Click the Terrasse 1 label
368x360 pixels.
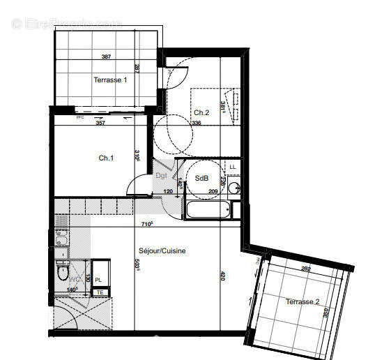coord(111,80)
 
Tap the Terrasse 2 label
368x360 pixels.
coord(302,301)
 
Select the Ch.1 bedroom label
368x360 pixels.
coord(106,158)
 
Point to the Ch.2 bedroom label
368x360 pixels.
coord(201,112)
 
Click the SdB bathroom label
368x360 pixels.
coord(202,178)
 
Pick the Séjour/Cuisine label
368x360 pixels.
coord(161,251)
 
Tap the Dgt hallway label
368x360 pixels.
coord(161,176)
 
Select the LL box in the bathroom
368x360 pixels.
coord(233,166)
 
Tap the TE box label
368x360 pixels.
coord(100,292)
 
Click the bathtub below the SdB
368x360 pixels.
coord(209,210)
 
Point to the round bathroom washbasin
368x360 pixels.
coord(235,187)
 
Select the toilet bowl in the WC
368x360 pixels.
coord(63,272)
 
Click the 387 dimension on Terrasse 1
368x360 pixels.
coord(107,57)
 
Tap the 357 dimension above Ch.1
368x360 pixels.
coord(100,123)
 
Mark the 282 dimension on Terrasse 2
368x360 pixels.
coord(305,268)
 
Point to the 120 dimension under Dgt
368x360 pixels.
coord(167,190)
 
